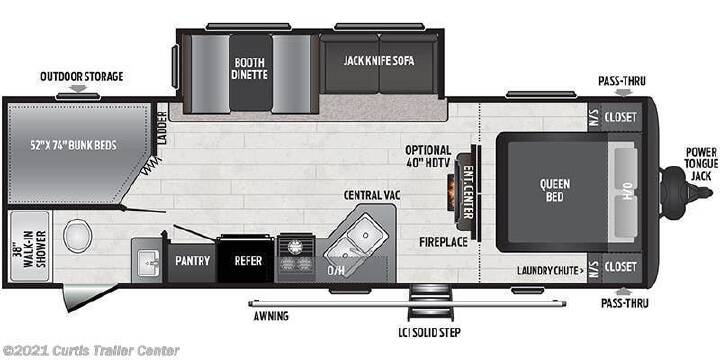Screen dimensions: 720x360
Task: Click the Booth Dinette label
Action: [249, 68]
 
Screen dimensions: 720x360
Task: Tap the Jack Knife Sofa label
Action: [379, 61]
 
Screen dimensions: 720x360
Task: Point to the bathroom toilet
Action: [77, 236]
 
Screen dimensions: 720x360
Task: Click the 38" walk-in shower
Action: [30, 246]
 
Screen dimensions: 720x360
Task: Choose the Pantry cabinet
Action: [192, 261]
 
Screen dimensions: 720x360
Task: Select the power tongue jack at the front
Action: [682, 188]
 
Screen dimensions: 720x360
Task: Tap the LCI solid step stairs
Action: [431, 304]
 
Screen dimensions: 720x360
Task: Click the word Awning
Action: [271, 316]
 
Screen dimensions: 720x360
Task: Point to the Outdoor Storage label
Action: [81, 77]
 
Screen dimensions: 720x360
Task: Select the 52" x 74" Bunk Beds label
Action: [73, 146]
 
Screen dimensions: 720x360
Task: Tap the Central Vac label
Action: [372, 195]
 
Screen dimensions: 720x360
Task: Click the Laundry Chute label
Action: [550, 270]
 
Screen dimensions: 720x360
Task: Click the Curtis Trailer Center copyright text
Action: [90, 351]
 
